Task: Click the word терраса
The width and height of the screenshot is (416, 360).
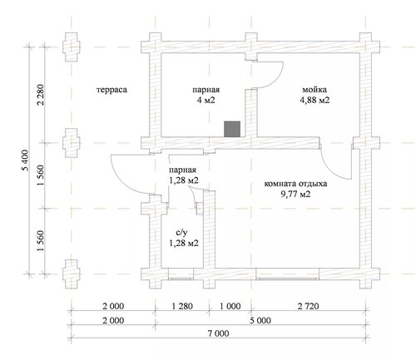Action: pos(111,90)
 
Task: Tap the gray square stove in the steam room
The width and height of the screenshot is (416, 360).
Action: pos(232,129)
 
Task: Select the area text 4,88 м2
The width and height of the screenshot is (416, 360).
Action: pos(314,100)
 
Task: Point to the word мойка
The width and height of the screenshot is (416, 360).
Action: pos(314,90)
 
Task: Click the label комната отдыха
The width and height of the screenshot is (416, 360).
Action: pos(295,184)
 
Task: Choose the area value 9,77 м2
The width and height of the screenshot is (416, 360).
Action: pos(295,194)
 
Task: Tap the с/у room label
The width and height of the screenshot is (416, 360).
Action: pos(183,233)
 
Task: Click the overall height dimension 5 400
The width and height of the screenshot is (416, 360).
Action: pos(25,160)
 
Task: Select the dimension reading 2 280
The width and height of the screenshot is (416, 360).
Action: pos(41,95)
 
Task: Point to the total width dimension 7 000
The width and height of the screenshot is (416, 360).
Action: pos(219,333)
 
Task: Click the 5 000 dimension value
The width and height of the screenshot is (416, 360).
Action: pos(260,321)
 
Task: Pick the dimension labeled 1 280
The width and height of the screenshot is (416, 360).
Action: pos(182,306)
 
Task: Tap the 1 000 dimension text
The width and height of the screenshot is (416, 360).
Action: pos(230,306)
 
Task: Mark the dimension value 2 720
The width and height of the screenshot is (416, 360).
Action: pos(309,306)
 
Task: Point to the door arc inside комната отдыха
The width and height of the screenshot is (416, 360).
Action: pos(331,170)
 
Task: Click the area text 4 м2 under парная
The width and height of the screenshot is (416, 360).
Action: pos(206,100)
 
